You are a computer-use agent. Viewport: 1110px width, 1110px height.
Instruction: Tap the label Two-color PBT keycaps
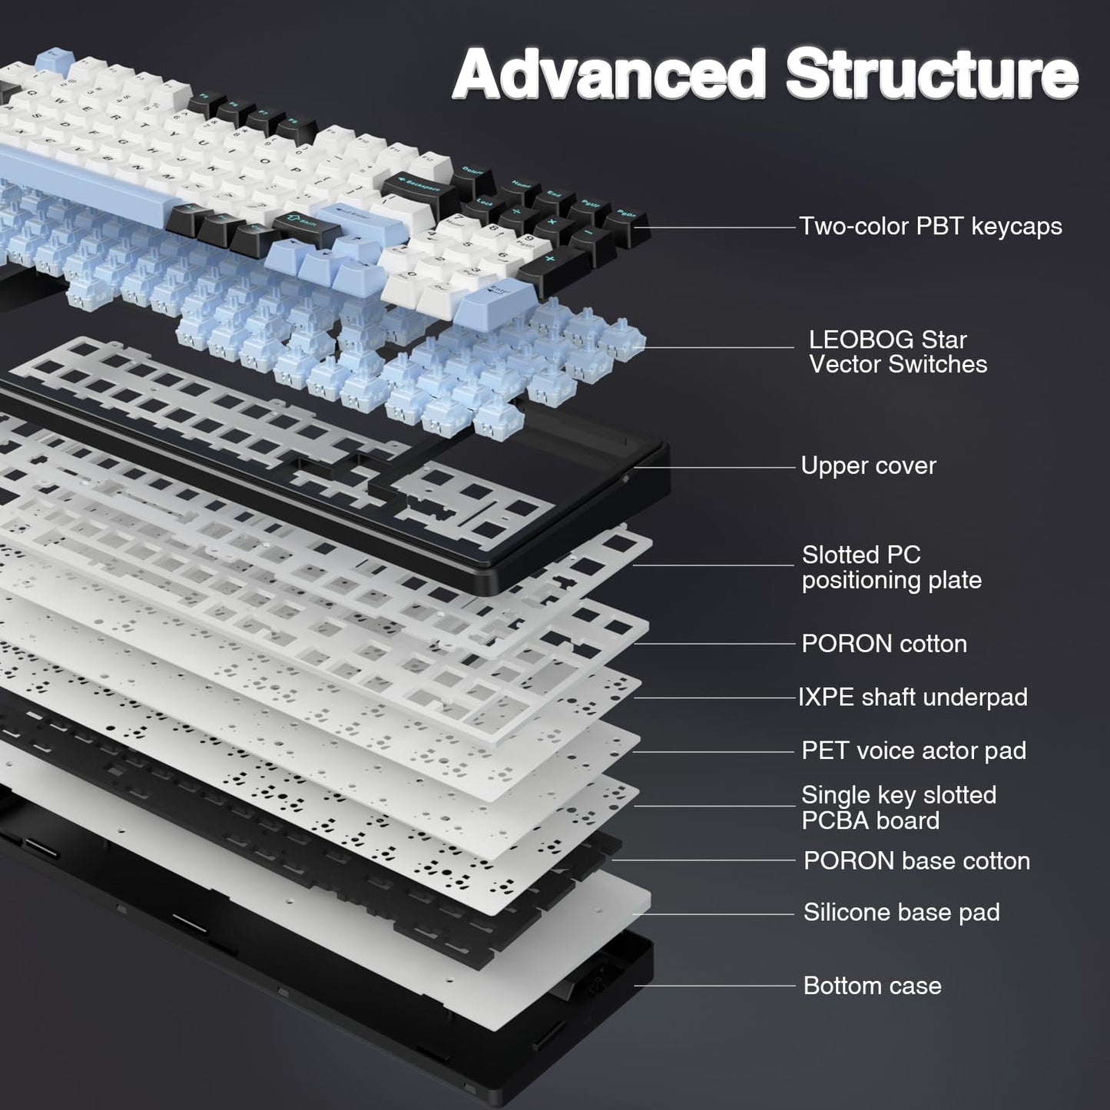click(930, 227)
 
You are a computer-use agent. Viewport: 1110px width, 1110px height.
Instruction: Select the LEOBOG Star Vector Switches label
click(897, 352)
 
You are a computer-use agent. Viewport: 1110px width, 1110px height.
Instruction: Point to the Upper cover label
click(868, 466)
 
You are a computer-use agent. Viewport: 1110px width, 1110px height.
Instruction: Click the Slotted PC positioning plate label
click(891, 568)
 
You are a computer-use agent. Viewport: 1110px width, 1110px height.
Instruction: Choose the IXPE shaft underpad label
click(913, 697)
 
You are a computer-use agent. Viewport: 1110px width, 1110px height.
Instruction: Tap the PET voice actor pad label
click(913, 750)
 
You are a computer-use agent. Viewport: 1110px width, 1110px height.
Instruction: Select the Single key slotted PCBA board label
click(898, 807)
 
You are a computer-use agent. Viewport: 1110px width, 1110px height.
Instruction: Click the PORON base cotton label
click(916, 861)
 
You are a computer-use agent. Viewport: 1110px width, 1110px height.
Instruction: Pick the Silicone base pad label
click(901, 913)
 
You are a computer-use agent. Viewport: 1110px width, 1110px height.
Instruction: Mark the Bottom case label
click(872, 986)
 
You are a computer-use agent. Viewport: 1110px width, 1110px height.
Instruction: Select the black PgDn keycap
click(626, 218)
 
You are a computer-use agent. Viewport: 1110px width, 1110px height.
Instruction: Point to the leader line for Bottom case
click(714, 986)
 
